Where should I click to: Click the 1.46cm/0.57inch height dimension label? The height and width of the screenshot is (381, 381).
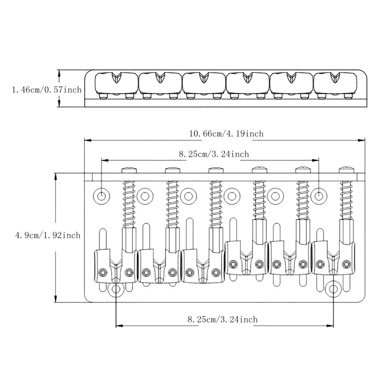tap(41, 89)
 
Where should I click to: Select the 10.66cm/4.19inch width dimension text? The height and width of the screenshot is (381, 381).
tap(226, 134)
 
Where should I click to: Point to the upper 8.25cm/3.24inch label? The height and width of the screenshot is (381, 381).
tap(214, 154)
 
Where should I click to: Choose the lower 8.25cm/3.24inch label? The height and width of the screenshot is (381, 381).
tap(222, 320)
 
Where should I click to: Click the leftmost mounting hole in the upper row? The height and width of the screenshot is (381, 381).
tap(101, 195)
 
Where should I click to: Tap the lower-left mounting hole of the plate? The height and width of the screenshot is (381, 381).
tap(116, 289)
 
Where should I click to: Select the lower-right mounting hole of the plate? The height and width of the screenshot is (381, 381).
tap(334, 289)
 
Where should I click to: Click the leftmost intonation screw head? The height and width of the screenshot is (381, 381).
tap(129, 170)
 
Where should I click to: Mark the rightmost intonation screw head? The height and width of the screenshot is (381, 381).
tap(346, 170)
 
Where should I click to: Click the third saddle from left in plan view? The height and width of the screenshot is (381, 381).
tap(203, 267)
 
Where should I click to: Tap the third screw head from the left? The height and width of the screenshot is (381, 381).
tap(215, 170)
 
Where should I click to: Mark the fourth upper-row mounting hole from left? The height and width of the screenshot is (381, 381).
tap(231, 195)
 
